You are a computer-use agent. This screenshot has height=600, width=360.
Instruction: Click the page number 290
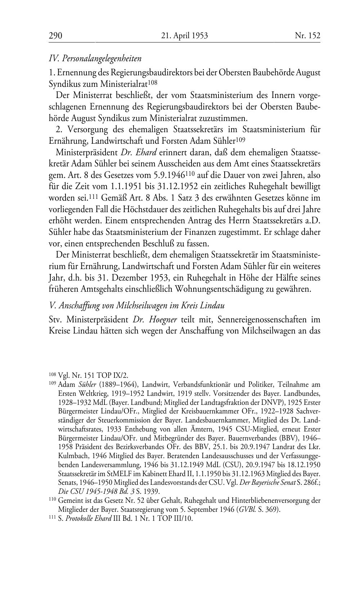coord(55,36)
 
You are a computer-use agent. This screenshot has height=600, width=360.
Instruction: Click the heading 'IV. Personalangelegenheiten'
coord(95,58)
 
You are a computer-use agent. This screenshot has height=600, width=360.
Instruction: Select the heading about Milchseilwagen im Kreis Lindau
coord(137,306)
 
